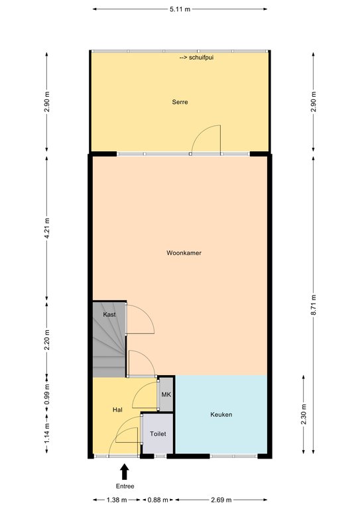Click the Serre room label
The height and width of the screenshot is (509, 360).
(x=180, y=102)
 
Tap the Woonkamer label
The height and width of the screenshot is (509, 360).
(x=184, y=253)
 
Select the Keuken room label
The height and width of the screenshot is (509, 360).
(x=221, y=414)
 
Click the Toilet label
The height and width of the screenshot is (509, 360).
(x=158, y=433)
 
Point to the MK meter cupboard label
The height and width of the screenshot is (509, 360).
(x=166, y=395)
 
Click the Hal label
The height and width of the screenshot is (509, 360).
(x=117, y=410)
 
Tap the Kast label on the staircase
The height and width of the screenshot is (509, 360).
(x=109, y=314)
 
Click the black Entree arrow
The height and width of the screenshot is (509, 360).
(x=125, y=472)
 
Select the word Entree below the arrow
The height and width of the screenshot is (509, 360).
(x=125, y=486)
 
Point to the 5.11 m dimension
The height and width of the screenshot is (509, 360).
(x=180, y=9)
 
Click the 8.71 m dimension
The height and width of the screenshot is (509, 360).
(x=313, y=305)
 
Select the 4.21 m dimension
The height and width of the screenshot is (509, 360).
(x=47, y=229)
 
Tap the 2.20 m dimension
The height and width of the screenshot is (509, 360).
(x=47, y=339)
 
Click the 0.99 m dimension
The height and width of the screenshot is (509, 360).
(x=47, y=394)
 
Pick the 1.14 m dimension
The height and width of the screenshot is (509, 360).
(x=47, y=433)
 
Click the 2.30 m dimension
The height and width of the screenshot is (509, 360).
(x=304, y=414)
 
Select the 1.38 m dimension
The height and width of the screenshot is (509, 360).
(x=117, y=500)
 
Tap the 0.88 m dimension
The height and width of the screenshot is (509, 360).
(x=158, y=500)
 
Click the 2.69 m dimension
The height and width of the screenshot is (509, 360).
(x=221, y=500)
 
